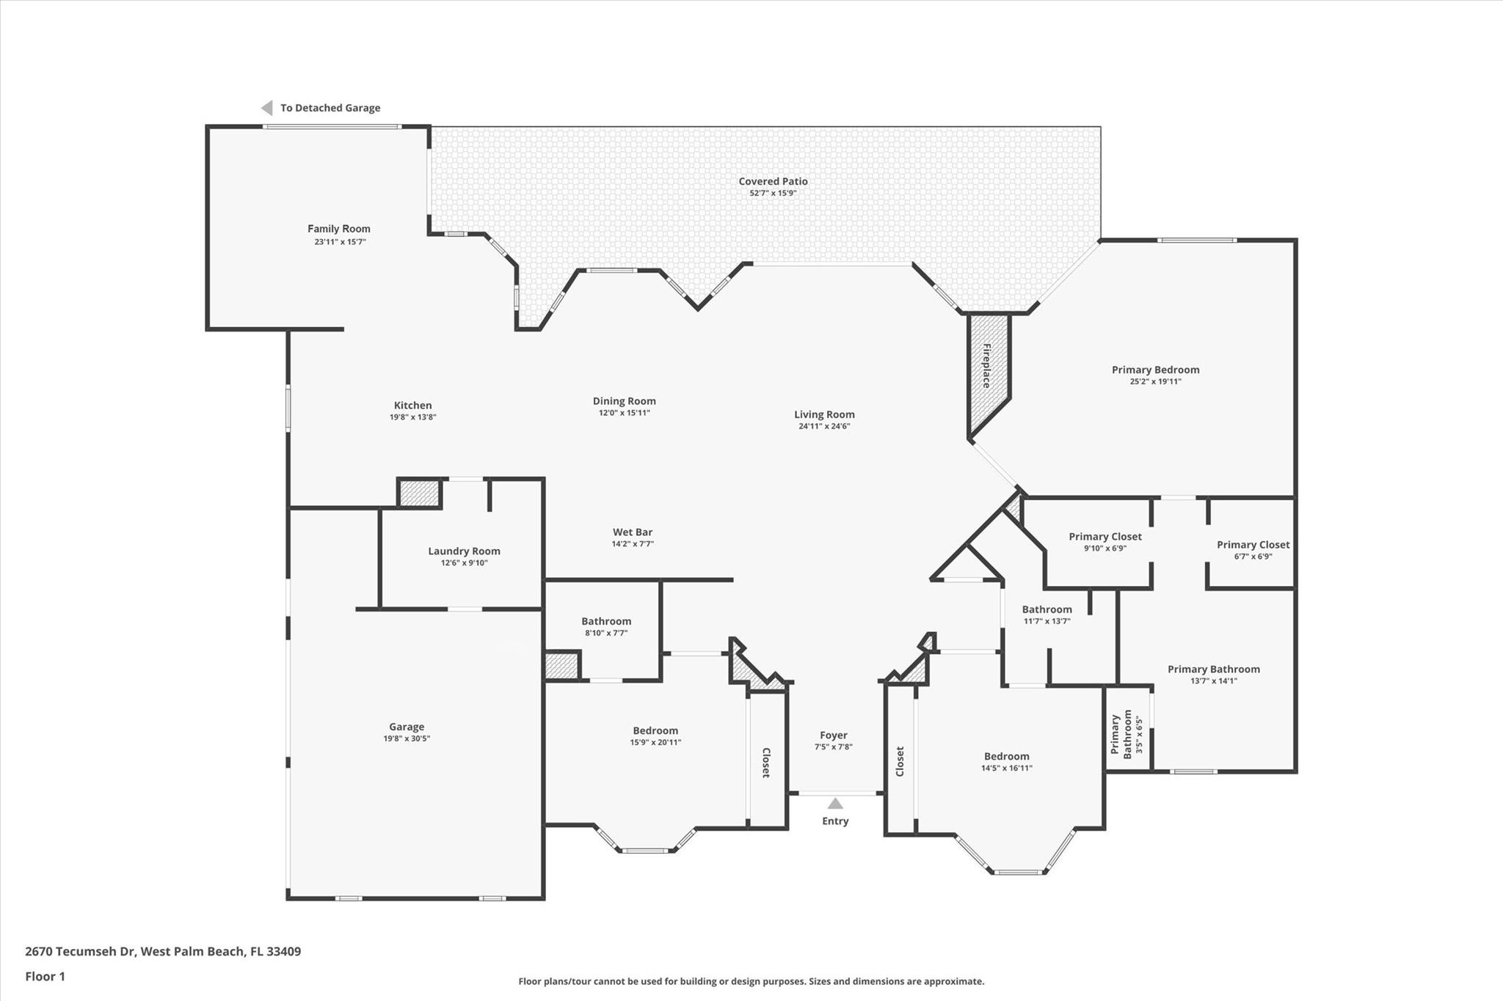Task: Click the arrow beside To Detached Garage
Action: tap(267, 108)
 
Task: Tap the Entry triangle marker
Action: tap(835, 804)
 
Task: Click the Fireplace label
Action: tap(987, 366)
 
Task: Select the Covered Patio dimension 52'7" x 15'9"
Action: tap(773, 194)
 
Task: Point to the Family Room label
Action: tap(338, 229)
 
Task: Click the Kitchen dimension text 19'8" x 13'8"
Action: tap(412, 417)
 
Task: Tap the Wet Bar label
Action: tap(633, 532)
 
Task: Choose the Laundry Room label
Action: tap(464, 551)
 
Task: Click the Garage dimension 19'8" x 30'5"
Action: tap(407, 739)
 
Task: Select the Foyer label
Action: tap(833, 736)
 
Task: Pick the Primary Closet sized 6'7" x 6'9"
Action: tap(1253, 545)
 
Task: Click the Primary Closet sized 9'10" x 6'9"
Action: tap(1104, 537)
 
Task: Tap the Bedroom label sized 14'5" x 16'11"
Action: tap(1006, 757)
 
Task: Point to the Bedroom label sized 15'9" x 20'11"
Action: tap(655, 731)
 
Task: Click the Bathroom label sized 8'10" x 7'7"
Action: tap(606, 622)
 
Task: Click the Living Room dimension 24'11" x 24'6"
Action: tap(824, 427)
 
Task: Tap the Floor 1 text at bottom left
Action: tap(46, 977)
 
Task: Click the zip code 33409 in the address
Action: tap(283, 952)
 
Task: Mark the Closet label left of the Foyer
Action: tap(766, 763)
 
